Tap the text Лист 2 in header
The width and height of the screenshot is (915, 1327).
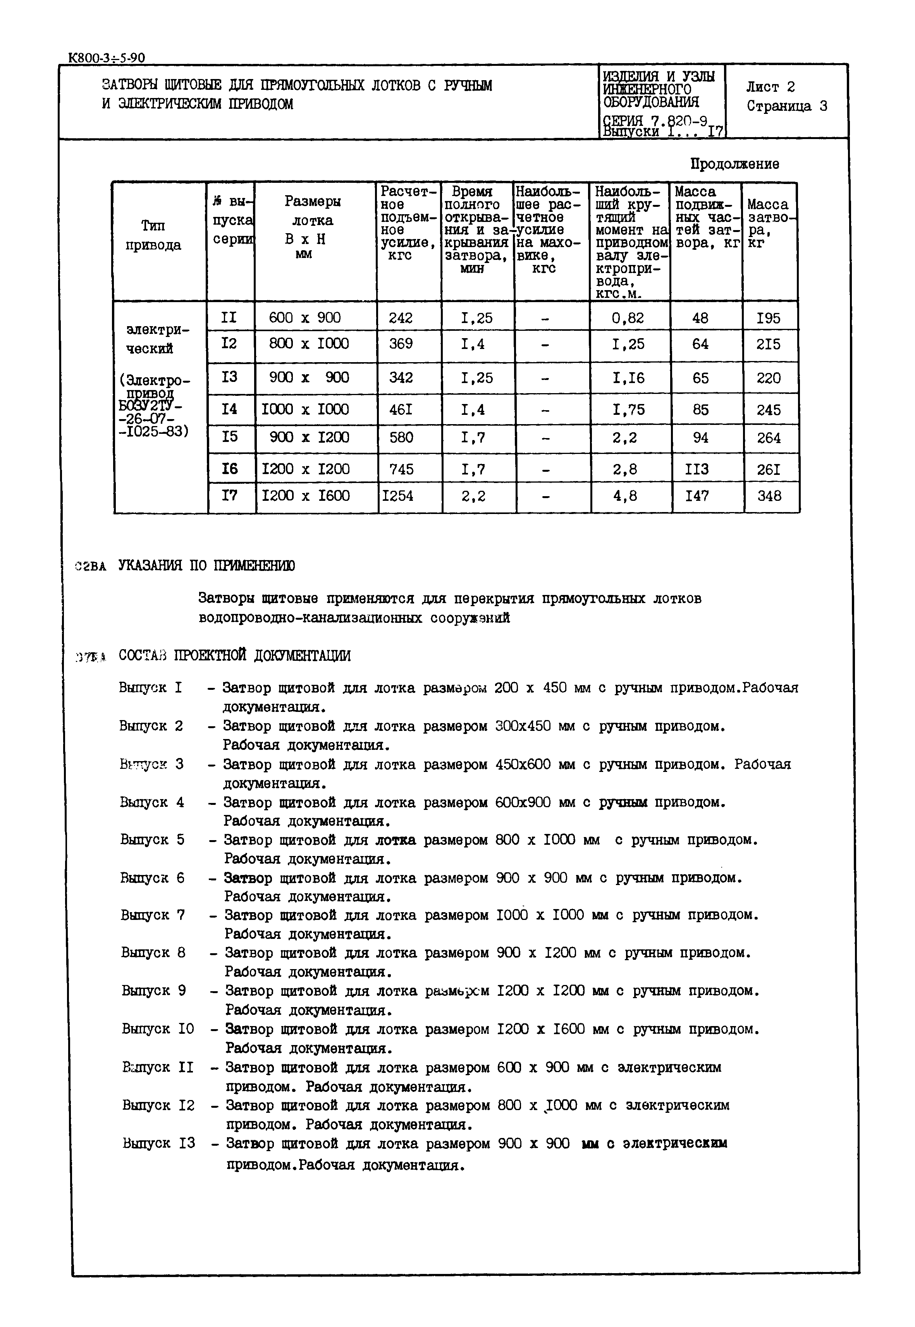(x=770, y=87)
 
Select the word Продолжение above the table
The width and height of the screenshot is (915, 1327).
(x=734, y=164)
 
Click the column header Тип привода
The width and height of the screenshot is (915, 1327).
(x=153, y=235)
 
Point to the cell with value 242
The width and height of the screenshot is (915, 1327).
(x=400, y=318)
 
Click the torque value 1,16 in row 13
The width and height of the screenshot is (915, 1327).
(x=628, y=378)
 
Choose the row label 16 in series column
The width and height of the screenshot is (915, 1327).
(x=229, y=469)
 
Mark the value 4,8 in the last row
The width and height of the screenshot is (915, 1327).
(x=625, y=496)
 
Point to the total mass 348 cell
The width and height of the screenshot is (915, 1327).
(x=769, y=496)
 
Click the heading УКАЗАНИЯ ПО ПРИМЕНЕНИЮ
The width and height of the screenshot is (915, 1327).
(x=206, y=566)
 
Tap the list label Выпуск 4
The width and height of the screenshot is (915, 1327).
(x=152, y=802)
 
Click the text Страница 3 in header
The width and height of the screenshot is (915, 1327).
(x=786, y=106)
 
